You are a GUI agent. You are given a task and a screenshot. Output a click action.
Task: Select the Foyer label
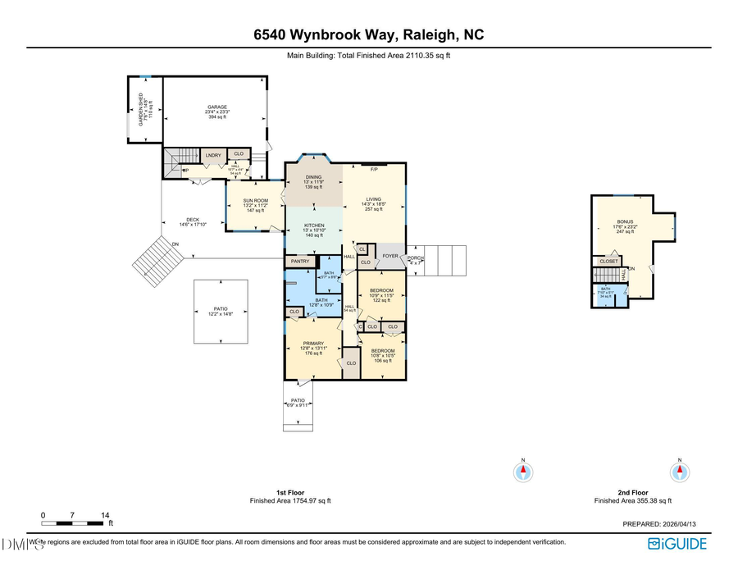390,256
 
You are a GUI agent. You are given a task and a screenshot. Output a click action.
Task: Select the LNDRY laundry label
213,155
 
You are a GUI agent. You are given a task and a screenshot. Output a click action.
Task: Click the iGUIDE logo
676,543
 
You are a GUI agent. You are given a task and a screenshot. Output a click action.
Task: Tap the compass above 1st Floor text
523,472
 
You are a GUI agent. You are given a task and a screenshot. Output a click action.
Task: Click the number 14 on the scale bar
105,515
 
